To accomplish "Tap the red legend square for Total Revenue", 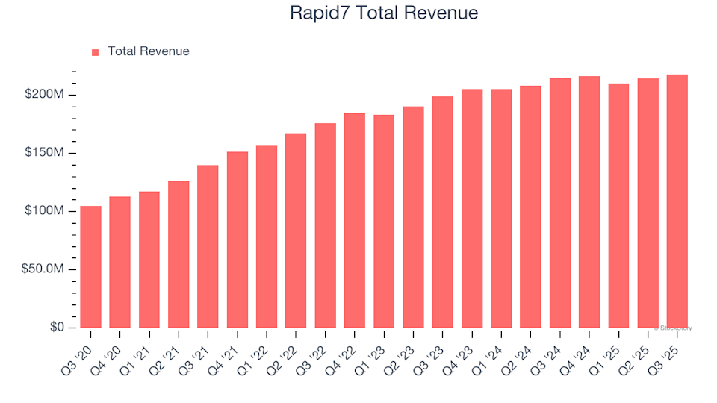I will click(95, 52).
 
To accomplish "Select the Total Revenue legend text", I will click(148, 51).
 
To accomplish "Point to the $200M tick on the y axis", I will click(49, 95).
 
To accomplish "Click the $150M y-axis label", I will click(49, 153).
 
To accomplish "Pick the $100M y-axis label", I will click(49, 211).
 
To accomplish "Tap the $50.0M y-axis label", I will click(46, 269).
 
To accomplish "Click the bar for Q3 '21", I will click(208, 246).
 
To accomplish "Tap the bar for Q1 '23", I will click(384, 221).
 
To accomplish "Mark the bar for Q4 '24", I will click(589, 201).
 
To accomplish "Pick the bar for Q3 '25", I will click(677, 201).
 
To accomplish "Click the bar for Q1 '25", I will click(618, 205).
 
